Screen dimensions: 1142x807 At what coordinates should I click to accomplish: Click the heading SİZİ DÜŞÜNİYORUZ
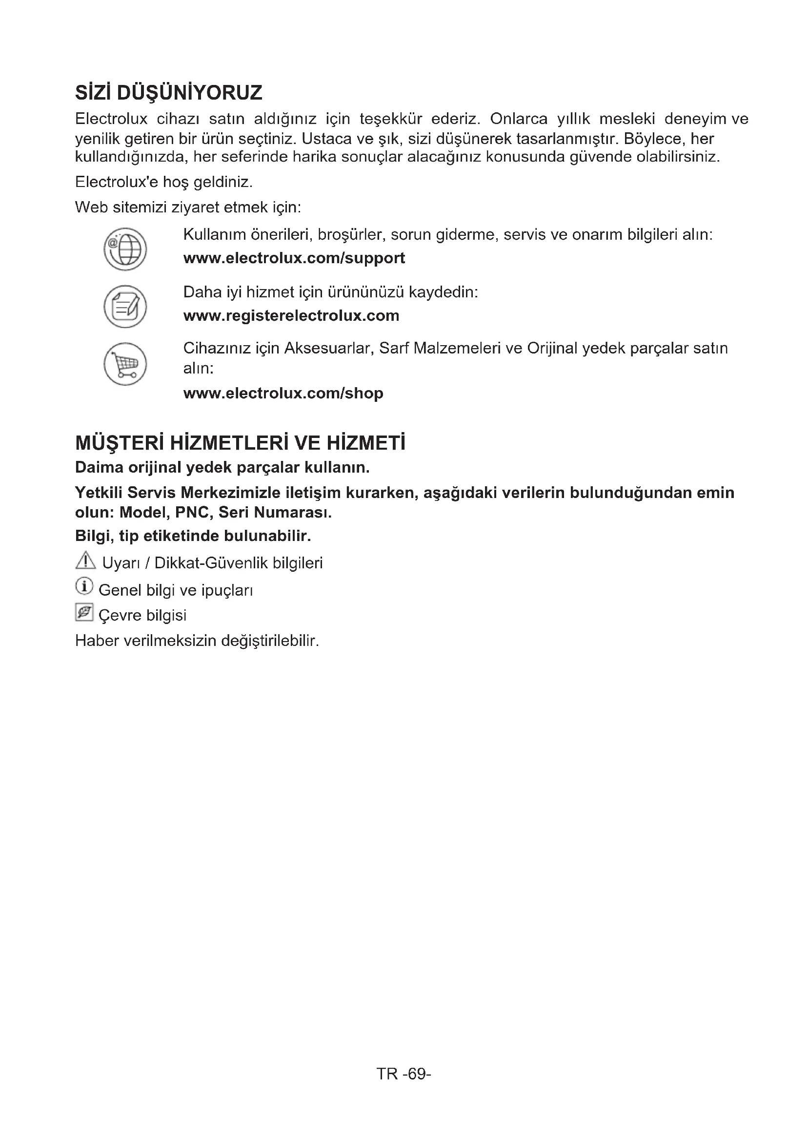(x=168, y=93)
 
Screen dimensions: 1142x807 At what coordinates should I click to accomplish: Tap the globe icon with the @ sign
(x=125, y=249)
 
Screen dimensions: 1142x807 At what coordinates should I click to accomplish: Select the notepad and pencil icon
(x=125, y=307)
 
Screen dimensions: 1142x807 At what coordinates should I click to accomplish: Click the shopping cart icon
(x=125, y=364)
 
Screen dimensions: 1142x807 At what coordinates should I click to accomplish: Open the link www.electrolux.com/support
(x=294, y=258)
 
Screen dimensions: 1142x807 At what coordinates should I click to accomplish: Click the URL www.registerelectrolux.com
(x=291, y=315)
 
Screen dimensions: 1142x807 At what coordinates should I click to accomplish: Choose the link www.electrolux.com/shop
(x=283, y=394)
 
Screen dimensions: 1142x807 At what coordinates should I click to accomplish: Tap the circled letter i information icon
(x=84, y=586)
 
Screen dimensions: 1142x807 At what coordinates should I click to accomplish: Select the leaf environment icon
(x=84, y=612)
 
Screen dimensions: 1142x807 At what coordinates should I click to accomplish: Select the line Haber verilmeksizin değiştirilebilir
(x=197, y=641)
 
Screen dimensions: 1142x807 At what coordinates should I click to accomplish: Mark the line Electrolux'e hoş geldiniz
(x=164, y=182)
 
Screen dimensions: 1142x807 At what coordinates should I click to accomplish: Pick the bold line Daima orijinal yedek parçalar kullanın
(x=222, y=468)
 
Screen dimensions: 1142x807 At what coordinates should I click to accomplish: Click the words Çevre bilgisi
(x=142, y=615)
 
